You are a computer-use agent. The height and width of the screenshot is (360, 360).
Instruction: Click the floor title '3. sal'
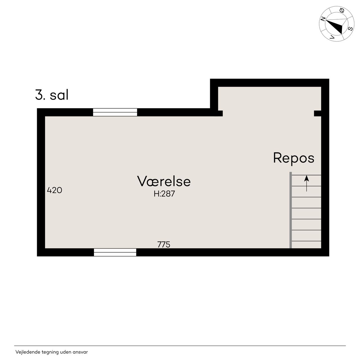pos(52,95)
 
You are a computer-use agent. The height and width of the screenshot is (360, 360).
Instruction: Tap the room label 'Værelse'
pos(164,181)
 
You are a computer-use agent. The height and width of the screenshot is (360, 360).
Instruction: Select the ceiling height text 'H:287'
pos(164,194)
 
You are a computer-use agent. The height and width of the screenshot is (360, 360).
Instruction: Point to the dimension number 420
pos(54,190)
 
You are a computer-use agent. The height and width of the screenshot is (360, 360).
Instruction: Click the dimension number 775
pos(164,244)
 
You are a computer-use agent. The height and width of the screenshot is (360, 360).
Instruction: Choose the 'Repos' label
pos(294,158)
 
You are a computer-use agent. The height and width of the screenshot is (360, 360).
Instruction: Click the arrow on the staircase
pos(306,183)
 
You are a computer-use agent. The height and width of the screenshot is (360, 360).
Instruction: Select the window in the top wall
pos(115,112)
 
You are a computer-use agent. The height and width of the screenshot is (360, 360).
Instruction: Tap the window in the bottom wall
pos(115,252)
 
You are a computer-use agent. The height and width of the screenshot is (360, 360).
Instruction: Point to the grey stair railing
pos(291,210)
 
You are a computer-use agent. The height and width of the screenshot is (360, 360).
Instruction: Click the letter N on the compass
pos(323,19)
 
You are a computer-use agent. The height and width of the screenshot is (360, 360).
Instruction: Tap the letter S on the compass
pos(350,29)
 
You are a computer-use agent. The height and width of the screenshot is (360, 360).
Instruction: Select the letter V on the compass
pos(332,37)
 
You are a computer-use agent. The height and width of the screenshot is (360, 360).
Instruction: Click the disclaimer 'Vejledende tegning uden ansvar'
pos(51,352)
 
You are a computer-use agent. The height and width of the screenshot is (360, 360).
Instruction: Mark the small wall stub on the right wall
pos(318,113)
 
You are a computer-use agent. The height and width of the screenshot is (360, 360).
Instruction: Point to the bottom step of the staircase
pos(306,245)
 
